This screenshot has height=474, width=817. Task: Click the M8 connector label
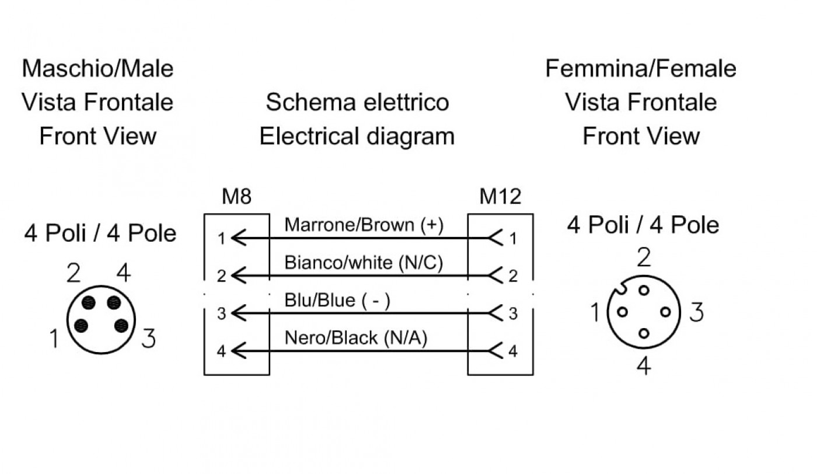pyautogui.click(x=237, y=196)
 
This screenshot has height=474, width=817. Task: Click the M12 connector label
pyautogui.click(x=501, y=196)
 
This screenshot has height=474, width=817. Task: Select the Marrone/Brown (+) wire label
pyautogui.click(x=364, y=225)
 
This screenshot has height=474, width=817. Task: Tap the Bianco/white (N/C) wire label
pyautogui.click(x=364, y=263)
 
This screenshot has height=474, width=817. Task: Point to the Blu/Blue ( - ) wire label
pyautogui.click(x=337, y=300)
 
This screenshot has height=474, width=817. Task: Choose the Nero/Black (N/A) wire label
pyautogui.click(x=355, y=338)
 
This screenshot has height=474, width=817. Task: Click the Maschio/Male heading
pyautogui.click(x=98, y=69)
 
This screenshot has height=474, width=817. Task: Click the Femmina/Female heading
pyautogui.click(x=641, y=69)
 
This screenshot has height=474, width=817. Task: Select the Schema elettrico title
pyautogui.click(x=357, y=102)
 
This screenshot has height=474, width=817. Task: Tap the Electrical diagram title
pyautogui.click(x=357, y=137)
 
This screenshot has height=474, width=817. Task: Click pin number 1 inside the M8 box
pyautogui.click(x=221, y=239)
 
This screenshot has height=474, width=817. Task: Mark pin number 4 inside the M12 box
pyautogui.click(x=513, y=351)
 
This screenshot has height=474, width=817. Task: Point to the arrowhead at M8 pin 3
pyautogui.click(x=239, y=313)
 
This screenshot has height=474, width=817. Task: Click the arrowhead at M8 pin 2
pyautogui.click(x=239, y=276)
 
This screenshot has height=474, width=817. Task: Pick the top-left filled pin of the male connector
pyautogui.click(x=89, y=302)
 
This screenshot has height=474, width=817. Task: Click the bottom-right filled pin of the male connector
pyautogui.click(x=121, y=326)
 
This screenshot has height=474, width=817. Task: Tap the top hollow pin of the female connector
pyautogui.click(x=644, y=291)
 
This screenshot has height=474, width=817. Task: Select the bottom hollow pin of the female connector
pyautogui.click(x=644, y=333)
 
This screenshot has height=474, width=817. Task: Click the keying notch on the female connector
pyautogui.click(x=619, y=288)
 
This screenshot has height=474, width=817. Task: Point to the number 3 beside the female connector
pyautogui.click(x=696, y=312)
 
